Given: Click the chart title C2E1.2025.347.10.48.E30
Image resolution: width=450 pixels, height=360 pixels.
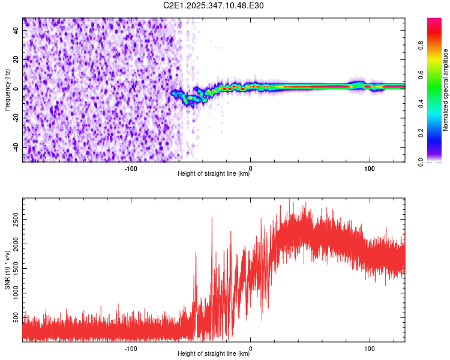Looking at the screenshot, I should (214, 5).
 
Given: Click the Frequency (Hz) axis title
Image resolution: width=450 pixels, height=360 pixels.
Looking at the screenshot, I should (7, 90).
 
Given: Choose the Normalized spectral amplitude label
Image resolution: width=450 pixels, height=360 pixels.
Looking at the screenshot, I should (446, 90).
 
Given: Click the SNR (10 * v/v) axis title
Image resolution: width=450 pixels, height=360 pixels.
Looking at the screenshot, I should (7, 270).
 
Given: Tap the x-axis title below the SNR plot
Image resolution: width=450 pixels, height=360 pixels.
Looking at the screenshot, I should (214, 354).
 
